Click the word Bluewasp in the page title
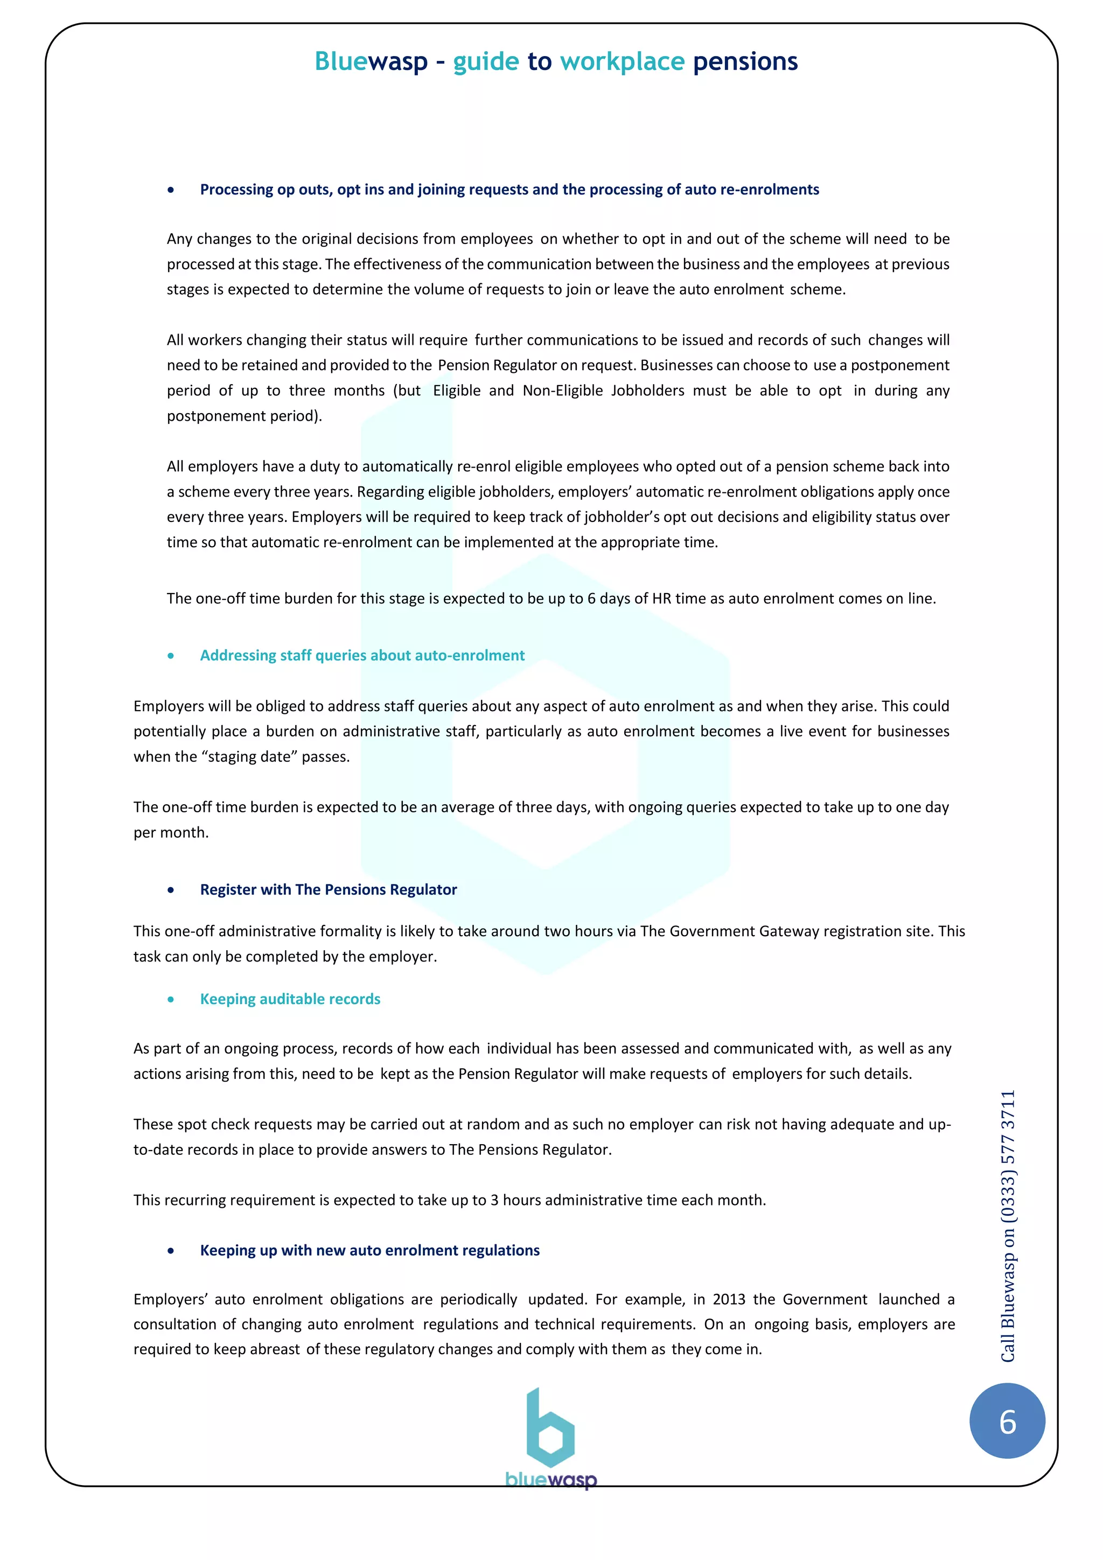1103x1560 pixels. [x=371, y=62]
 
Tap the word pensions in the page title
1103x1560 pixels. [x=745, y=62]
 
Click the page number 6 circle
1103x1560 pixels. [x=1007, y=1422]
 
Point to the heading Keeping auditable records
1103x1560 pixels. [x=290, y=999]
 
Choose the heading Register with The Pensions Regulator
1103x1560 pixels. [x=328, y=889]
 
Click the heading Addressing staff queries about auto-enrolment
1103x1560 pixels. [x=362, y=655]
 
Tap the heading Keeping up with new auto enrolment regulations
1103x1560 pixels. [x=369, y=1250]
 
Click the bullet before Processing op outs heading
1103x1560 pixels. [x=171, y=190]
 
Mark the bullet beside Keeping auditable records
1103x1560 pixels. [x=171, y=999]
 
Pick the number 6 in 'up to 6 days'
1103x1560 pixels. [x=591, y=598]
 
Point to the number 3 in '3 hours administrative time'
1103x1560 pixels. [x=494, y=1200]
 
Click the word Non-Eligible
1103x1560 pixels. [x=562, y=391]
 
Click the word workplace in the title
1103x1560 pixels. [x=622, y=62]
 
